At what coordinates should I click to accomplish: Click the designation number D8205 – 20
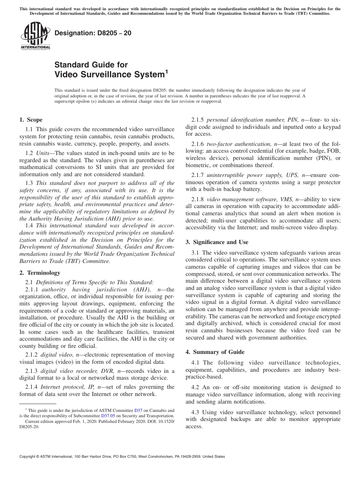pyautogui.click(x=93, y=33)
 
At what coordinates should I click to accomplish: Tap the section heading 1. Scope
pyautogui.click(x=31, y=120)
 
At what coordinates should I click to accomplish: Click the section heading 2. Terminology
pyautogui.click(x=40, y=272)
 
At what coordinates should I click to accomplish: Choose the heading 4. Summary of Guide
pyautogui.click(x=215, y=352)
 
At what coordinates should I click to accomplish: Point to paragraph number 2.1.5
pyautogui.click(x=198, y=120)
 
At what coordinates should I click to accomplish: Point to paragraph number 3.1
pyautogui.click(x=196, y=253)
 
